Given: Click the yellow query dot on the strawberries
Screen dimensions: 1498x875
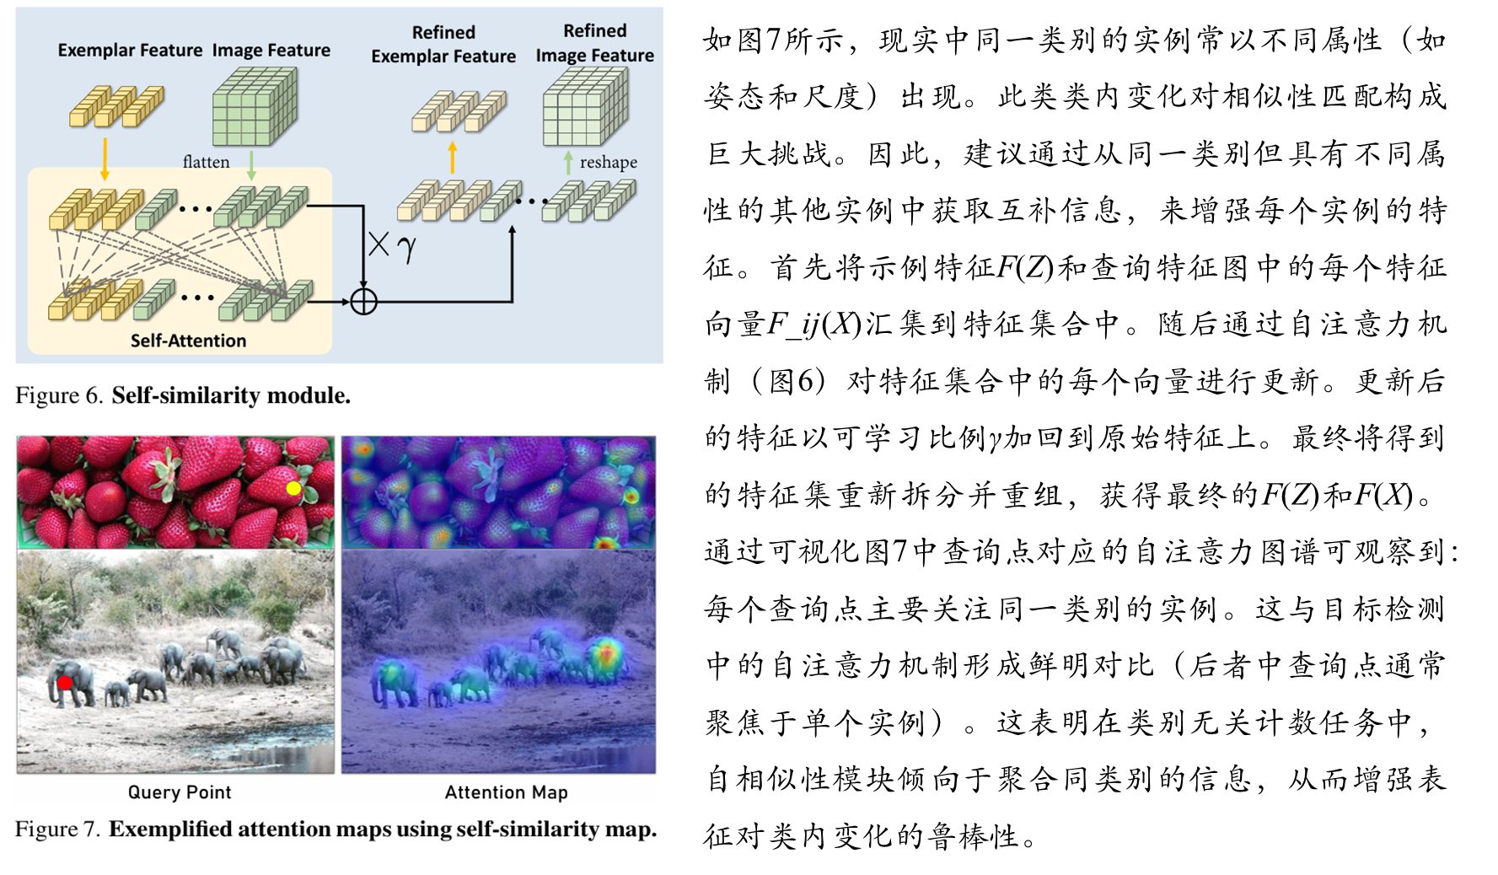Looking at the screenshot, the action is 293,488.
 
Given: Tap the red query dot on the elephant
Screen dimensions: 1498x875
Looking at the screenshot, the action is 65,683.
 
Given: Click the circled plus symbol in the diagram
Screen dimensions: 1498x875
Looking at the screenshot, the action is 363,301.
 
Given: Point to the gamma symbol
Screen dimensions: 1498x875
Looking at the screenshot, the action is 406,248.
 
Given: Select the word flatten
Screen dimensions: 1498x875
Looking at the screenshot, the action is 206,162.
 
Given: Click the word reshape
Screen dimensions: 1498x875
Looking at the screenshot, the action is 608,162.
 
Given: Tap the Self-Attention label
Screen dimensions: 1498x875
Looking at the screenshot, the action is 188,341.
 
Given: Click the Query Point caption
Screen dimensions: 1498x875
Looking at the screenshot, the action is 180,792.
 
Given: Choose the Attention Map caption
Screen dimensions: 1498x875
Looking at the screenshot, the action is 506,792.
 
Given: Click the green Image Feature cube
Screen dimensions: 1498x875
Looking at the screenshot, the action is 254,107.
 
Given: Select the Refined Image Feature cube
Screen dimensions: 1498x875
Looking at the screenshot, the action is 585,107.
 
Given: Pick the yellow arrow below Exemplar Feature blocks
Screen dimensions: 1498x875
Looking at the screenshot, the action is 105,158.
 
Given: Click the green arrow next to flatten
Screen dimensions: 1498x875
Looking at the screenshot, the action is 251,165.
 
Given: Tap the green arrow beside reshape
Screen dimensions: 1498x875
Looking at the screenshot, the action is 568,162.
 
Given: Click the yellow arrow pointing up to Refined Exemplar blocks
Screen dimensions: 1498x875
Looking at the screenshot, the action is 453,158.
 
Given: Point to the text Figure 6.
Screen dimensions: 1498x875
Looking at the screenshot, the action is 58,395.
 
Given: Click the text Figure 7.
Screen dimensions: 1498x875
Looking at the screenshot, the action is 57,829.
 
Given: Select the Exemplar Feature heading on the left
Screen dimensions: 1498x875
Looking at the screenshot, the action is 130,51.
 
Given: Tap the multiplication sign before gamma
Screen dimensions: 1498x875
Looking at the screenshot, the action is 379,245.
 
